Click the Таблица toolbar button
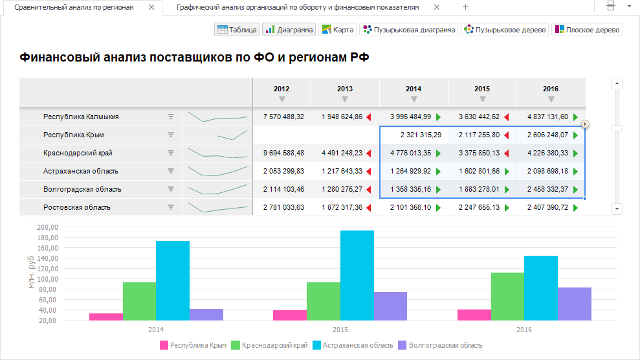tap(237, 30)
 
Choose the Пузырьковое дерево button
tap(505, 30)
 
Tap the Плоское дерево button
tap(587, 30)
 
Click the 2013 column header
tap(345, 89)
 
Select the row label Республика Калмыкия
tap(81, 117)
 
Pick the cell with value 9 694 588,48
tap(283, 153)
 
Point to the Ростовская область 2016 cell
tap(546, 208)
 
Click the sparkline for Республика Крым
tap(217, 135)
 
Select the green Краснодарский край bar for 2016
tap(508, 296)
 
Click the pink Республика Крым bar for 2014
tap(106, 317)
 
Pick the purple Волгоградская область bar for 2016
tap(575, 304)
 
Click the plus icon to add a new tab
tap(466, 7)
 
